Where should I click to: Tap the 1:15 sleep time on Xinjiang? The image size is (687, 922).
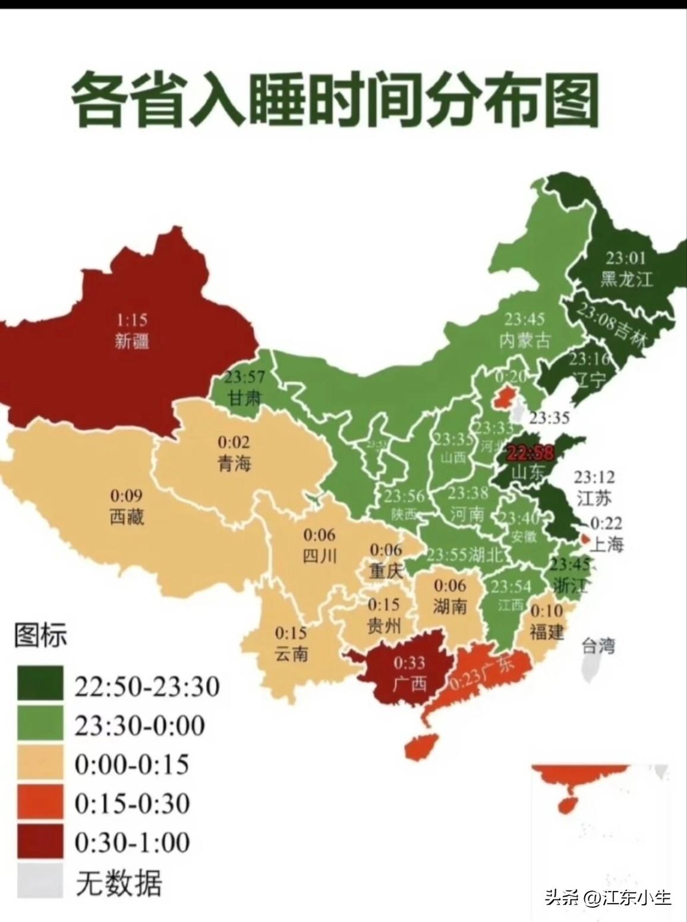point(131,320)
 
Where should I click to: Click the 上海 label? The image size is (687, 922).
point(606,543)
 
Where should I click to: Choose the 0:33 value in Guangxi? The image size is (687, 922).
point(409,662)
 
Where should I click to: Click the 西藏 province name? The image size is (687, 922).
point(127,516)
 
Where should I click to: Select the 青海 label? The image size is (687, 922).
point(234,463)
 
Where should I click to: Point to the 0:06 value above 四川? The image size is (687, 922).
point(319,534)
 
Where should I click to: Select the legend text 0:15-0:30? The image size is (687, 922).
point(132,803)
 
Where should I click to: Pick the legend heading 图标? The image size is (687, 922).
point(40,635)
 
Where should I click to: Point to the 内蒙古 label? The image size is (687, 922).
point(525,340)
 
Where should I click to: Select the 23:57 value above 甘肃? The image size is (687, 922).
point(244,377)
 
